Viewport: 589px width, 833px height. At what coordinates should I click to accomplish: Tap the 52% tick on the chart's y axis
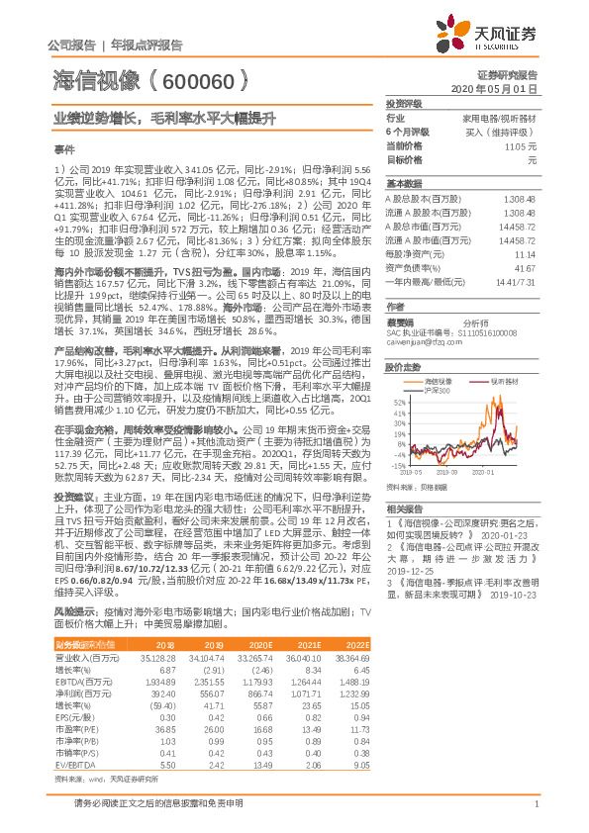pos(397,429)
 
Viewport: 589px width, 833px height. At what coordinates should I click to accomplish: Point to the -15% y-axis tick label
pos(396,464)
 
